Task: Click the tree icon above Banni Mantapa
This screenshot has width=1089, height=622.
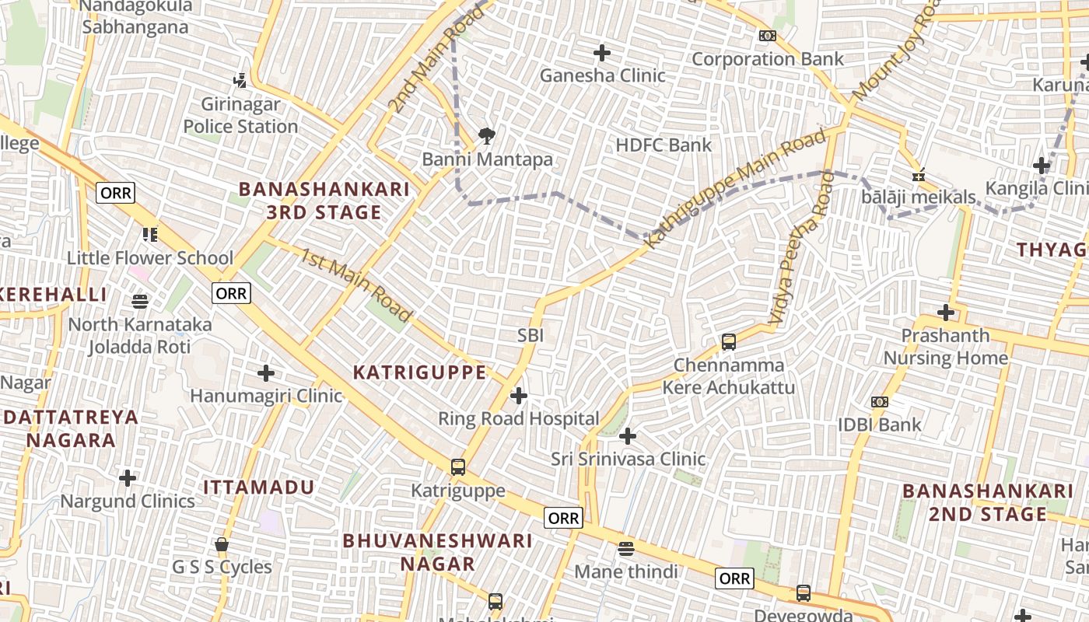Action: point(487,137)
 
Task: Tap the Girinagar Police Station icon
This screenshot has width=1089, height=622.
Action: point(240,80)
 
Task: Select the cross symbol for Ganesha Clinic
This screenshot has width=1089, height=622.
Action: point(602,53)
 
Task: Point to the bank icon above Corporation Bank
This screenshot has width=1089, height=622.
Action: point(768,36)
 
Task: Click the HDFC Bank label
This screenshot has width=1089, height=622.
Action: point(664,145)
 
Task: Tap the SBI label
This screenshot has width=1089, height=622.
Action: point(530,336)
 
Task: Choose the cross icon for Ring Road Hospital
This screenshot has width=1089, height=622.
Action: point(519,396)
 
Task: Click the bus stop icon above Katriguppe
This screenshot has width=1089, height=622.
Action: point(458,467)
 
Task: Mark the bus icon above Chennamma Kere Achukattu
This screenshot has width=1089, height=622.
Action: point(729,341)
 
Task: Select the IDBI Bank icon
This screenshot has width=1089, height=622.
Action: point(880,402)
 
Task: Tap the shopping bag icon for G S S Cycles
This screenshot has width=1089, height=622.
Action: point(222,544)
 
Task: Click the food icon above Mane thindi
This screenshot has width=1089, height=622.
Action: point(626,549)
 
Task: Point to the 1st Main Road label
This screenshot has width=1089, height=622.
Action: point(355,285)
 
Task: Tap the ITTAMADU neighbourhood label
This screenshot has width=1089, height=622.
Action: point(259,487)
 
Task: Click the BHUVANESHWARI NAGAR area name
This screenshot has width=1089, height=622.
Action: point(438,551)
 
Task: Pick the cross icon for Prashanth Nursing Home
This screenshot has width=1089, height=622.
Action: point(946,313)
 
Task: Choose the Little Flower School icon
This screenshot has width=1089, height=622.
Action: point(150,234)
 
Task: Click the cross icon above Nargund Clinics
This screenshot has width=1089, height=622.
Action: point(128,477)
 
